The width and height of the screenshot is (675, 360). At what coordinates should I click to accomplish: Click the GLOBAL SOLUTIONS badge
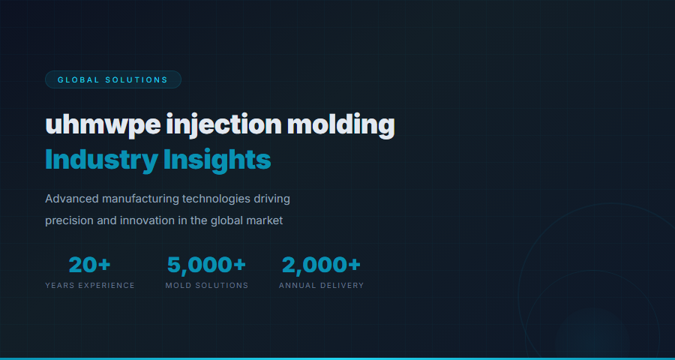112,79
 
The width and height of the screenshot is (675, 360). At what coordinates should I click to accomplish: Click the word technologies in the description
217,199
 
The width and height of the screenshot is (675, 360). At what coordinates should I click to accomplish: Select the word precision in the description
68,220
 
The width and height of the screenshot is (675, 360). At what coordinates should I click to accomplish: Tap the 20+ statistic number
90,265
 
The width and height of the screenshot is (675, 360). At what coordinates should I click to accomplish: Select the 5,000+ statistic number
206,265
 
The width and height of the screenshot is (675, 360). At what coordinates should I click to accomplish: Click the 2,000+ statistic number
321,265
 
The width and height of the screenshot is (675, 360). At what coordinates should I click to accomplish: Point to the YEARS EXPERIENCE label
90,286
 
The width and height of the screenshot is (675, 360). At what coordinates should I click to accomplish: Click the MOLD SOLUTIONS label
206,286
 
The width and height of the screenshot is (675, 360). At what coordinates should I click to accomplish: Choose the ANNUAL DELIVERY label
321,286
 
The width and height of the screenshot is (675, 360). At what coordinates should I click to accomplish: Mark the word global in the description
226,220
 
